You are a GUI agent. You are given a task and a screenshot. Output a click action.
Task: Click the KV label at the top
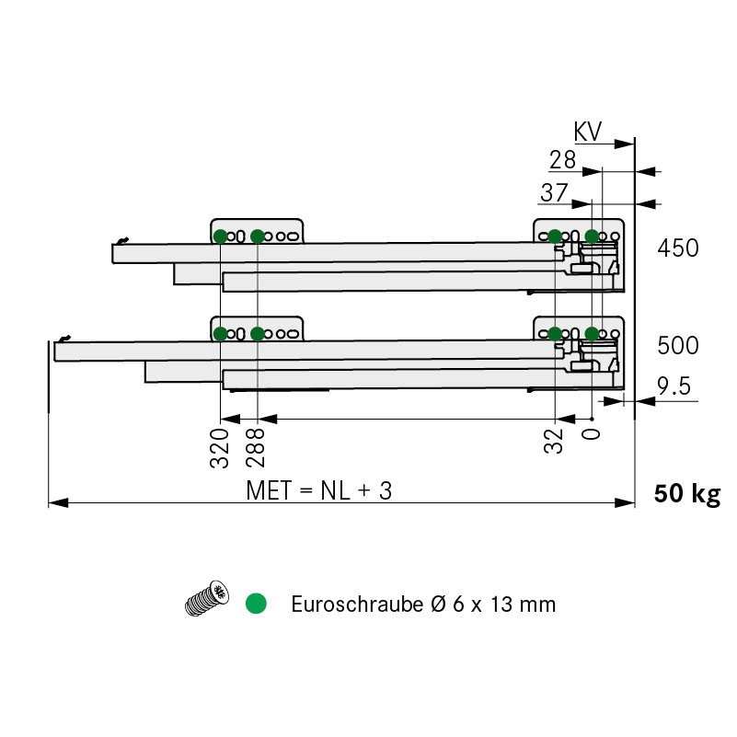coord(588,132)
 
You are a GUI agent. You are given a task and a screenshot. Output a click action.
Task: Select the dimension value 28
coord(562,160)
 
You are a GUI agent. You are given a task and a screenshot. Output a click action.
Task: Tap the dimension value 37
coord(554,192)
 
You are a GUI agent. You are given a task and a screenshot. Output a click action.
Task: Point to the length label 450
coord(678,248)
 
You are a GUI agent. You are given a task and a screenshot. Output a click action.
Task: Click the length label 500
coord(678,346)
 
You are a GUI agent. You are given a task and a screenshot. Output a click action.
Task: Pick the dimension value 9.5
coord(674,386)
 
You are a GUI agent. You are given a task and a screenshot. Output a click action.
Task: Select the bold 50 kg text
coord(687,494)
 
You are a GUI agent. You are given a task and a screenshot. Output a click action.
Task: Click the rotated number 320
coord(220,448)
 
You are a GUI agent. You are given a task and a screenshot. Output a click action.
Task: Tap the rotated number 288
coord(256,448)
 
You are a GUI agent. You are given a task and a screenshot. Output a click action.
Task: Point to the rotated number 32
coord(553,442)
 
